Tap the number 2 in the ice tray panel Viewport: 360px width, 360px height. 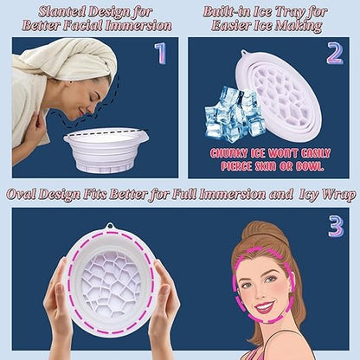tap(334, 55)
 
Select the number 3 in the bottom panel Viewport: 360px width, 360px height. tap(336, 227)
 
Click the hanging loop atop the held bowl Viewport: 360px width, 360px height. tap(110, 228)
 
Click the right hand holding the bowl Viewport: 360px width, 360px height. tap(164, 303)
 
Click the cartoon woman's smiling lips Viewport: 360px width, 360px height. tap(265, 305)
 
